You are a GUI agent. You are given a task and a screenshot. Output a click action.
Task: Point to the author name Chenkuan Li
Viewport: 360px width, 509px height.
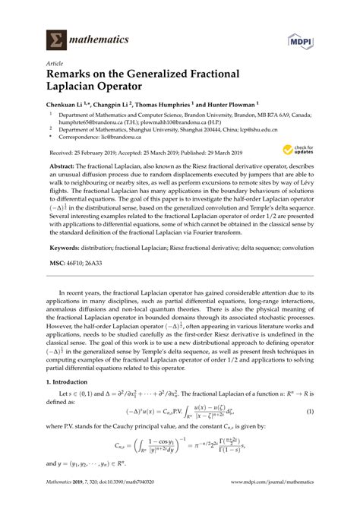pos(71,106)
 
